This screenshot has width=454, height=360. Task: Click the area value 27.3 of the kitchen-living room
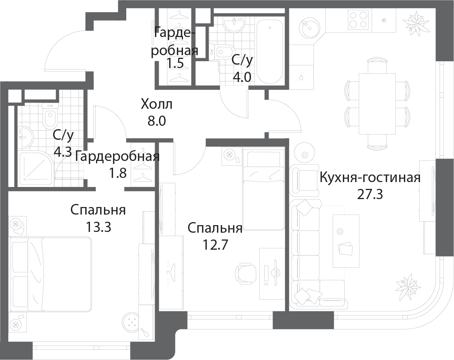click(x=370, y=194)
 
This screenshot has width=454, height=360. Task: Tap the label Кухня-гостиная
click(x=370, y=177)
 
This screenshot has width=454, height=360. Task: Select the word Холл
click(x=156, y=104)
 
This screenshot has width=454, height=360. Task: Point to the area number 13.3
click(x=98, y=227)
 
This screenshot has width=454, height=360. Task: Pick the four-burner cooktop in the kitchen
click(x=358, y=20)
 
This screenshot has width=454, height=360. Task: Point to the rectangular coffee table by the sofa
click(x=346, y=241)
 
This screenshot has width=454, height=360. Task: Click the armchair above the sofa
click(x=304, y=179)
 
